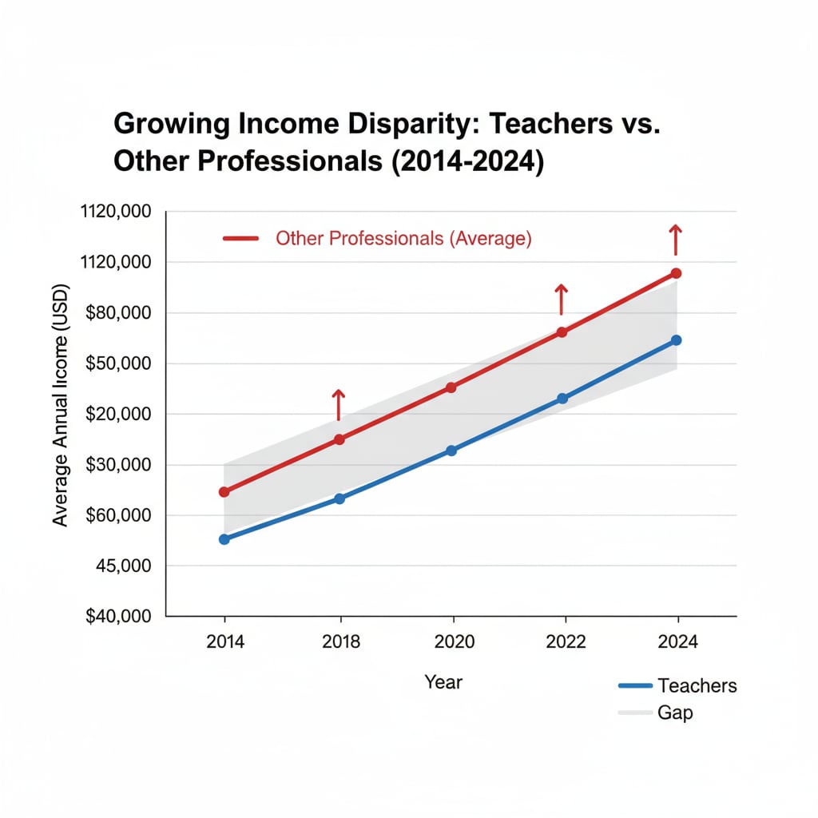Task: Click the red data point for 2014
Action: coord(224,492)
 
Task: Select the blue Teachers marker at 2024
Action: coord(676,340)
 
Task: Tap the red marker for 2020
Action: coord(451,387)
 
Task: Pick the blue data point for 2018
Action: coord(339,498)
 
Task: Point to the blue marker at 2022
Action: coord(562,398)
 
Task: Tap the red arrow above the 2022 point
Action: coord(561,299)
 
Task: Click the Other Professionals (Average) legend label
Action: coord(403,238)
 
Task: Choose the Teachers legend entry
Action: coord(697,685)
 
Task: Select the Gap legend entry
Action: coord(675,713)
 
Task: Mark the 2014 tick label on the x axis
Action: coord(224,642)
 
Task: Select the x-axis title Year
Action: coord(443,682)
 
